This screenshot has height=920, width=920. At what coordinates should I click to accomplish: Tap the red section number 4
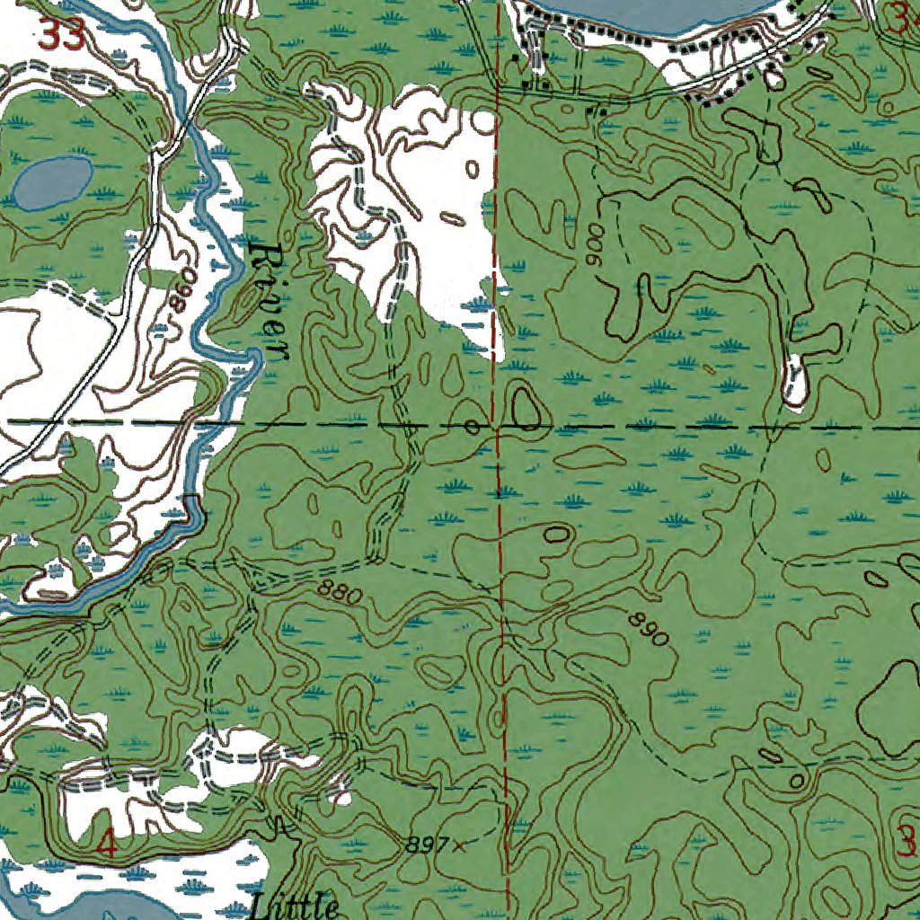[106, 845]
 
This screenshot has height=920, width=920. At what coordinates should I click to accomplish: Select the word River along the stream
[270, 300]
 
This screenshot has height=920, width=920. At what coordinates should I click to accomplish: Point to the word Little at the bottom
[296, 906]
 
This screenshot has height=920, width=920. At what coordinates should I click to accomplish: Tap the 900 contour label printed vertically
[590, 243]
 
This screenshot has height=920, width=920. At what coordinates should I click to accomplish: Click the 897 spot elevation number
[425, 845]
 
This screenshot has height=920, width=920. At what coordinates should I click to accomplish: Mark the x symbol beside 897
[459, 845]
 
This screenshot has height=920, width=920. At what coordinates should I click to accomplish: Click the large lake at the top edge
[647, 13]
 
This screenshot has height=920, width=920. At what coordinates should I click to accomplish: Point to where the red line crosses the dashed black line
[497, 424]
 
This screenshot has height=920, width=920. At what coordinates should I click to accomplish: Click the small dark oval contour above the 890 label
[557, 534]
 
